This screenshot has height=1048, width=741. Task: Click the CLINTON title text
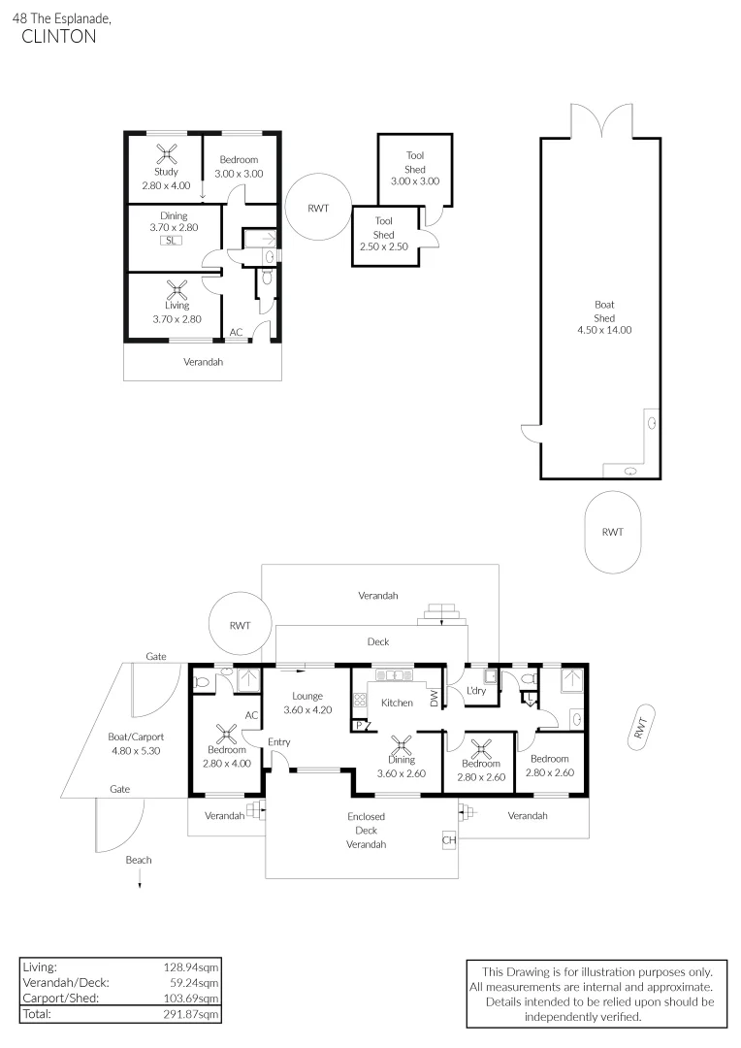coord(59,37)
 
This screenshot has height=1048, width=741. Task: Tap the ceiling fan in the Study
coord(167,155)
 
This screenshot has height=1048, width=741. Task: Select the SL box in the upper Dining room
coord(171,240)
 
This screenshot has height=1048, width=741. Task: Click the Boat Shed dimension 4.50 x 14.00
coord(604,330)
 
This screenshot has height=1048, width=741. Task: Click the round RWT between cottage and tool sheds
coord(318,208)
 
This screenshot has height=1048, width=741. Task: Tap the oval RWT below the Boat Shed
coord(613,532)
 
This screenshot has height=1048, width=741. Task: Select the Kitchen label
coord(397,703)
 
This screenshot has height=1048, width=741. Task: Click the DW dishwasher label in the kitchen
coord(434,699)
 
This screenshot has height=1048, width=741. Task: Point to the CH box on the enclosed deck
coord(449,840)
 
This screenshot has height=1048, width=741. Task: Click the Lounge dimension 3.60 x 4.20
coord(307,709)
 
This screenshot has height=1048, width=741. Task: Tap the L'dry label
coord(476,691)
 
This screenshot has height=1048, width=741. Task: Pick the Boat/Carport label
coord(136,737)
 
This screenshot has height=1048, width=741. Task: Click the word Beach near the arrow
coord(139,860)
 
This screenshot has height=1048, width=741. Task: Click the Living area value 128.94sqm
coord(190,967)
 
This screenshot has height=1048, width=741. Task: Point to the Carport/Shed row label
coord(61,998)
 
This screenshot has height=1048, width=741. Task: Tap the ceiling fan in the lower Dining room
coord(401,746)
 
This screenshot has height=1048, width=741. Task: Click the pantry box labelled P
coord(359,725)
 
